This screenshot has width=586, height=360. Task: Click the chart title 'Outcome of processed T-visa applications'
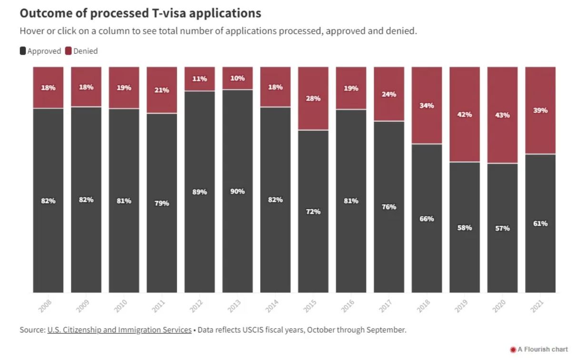(140, 13)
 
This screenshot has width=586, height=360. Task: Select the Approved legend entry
(40, 51)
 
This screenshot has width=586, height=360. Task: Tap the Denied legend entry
(81, 51)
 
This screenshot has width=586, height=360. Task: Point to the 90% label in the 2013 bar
(238, 191)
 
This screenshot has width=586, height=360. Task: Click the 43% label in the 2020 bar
(502, 115)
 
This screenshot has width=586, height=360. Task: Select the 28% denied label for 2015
(313, 99)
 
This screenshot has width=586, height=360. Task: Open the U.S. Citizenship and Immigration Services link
(119, 330)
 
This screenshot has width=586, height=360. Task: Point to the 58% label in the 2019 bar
(465, 228)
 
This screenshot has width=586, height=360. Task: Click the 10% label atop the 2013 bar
(238, 78)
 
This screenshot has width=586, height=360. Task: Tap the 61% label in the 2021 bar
(540, 223)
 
